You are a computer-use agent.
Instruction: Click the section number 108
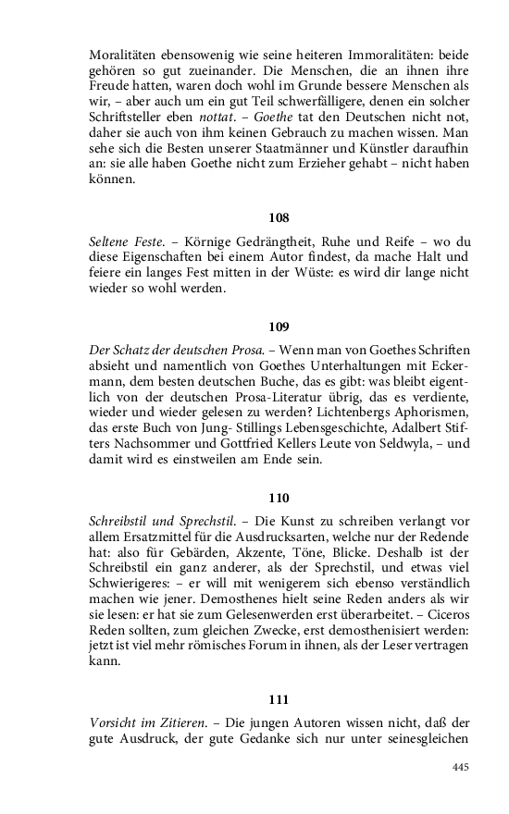point(279,218)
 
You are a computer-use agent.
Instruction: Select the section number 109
point(279,327)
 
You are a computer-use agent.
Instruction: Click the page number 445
point(461,767)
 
